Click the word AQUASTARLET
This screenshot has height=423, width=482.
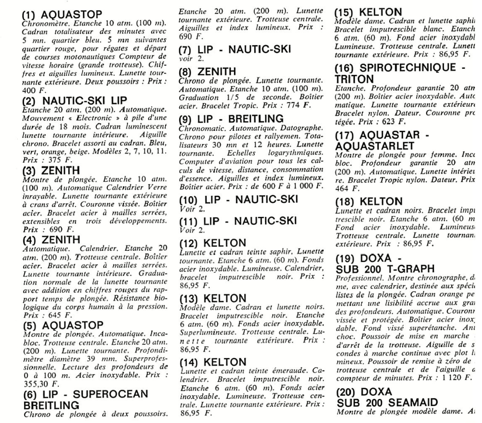(377, 144)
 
